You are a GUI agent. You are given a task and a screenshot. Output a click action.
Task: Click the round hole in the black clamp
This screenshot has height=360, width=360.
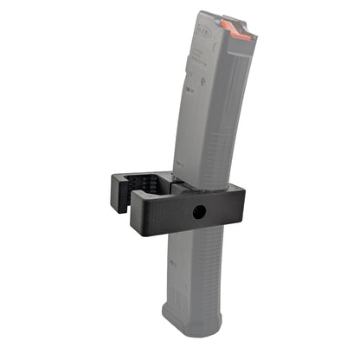coord(198,212)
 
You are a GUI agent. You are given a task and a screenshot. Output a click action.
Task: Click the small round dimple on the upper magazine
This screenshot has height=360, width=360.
coord(189,84)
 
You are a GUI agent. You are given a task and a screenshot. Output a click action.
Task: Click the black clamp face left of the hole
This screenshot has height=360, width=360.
coord(169,216)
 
